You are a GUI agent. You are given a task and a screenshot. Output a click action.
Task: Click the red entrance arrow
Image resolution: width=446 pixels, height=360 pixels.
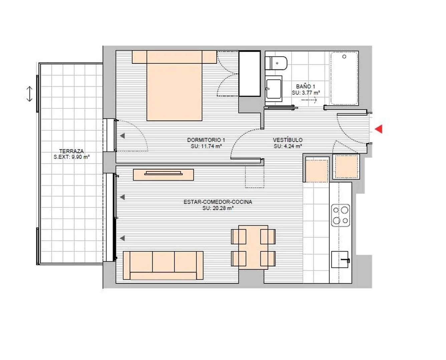[379, 129]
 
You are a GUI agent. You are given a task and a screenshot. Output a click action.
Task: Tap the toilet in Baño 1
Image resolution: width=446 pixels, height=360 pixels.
[276, 63]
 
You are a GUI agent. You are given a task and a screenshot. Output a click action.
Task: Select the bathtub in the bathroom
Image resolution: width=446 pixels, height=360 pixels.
[344, 78]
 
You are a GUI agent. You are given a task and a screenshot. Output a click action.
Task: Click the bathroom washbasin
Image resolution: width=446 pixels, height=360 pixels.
[273, 89]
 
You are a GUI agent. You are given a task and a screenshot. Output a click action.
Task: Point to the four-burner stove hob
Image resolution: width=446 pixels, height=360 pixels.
[341, 216]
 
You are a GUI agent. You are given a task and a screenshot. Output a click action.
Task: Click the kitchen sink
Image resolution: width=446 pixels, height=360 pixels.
[340, 260]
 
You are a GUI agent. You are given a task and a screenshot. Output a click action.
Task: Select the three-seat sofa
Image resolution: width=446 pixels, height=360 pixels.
[163, 265]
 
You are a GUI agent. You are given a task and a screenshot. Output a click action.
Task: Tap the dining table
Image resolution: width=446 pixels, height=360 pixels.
[253, 247]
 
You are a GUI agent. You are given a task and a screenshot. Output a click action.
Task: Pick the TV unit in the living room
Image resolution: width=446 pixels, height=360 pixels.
[163, 174]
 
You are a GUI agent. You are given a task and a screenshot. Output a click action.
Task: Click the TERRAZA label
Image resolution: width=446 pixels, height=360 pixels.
[71, 151]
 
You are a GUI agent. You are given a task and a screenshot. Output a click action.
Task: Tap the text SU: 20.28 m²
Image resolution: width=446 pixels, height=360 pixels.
[218, 208]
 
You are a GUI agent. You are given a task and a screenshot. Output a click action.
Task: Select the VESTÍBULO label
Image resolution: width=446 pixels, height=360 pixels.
[288, 139]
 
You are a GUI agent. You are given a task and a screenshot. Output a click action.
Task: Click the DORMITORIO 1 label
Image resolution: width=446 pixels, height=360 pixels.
[206, 139]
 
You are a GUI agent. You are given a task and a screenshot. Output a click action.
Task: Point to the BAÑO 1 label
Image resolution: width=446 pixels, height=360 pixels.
[305, 86]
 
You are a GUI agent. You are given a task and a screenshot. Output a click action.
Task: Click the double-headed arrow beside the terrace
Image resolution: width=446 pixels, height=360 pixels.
[29, 94]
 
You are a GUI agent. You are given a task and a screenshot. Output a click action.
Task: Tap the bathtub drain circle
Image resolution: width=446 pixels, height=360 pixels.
[344, 56]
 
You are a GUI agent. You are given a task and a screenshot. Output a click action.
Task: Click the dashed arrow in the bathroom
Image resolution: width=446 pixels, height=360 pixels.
[309, 100]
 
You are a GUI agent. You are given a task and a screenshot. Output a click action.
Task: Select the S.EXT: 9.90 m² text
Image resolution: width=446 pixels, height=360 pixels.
[72, 157]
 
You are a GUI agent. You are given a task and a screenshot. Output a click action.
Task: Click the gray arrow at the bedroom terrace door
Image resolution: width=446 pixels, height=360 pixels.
[122, 136]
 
